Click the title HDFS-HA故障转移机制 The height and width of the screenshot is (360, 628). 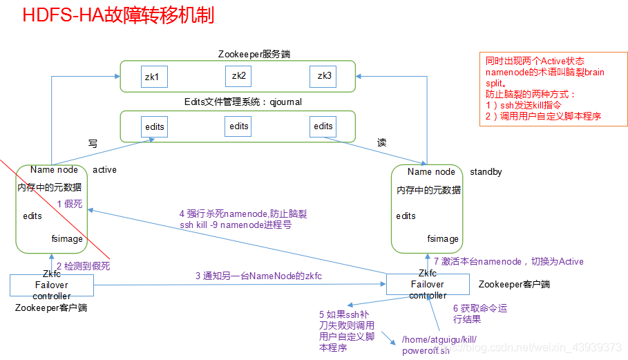(118, 17)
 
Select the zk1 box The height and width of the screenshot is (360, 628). (152, 76)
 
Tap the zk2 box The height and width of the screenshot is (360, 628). (239, 75)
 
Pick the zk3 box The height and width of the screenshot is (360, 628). (323, 76)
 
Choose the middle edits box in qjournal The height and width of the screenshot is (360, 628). (239, 126)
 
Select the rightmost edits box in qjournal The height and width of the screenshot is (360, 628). (323, 126)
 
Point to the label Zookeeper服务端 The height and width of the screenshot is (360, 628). (238, 55)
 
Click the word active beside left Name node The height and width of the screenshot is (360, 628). (104, 170)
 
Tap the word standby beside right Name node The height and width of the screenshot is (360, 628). (486, 171)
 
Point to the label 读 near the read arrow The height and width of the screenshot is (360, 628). (381, 142)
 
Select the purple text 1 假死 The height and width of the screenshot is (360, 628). (69, 203)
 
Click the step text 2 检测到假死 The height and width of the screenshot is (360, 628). (84, 265)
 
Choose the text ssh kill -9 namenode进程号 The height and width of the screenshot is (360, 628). (236, 225)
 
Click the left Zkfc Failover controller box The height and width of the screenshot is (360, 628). (52, 285)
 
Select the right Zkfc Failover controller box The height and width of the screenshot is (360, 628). (428, 285)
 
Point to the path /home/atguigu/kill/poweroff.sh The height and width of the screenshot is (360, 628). (439, 345)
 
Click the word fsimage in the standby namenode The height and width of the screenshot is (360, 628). (443, 238)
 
